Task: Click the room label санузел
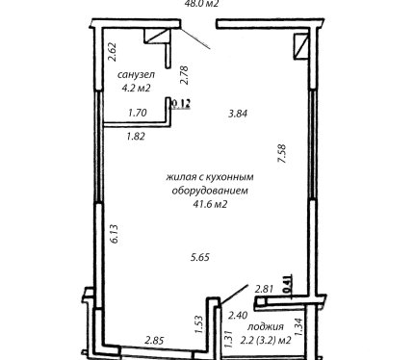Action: (136, 75)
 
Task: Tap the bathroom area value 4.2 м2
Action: (136, 88)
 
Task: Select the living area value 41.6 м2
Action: (210, 204)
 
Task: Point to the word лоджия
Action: (266, 327)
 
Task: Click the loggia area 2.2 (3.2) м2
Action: (266, 340)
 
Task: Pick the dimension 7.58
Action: (281, 154)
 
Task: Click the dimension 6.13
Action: (115, 234)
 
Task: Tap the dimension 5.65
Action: (200, 257)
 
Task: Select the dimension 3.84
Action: (238, 114)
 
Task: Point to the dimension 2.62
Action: (112, 52)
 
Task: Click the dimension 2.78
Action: (184, 75)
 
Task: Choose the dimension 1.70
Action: (138, 113)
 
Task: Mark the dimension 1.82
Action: (136, 137)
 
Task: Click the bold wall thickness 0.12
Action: (181, 104)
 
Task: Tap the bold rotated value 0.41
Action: (288, 284)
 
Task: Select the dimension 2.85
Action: (154, 341)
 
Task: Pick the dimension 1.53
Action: (199, 324)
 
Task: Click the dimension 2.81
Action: (264, 289)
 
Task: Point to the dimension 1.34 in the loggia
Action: (298, 327)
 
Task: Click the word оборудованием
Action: (210, 191)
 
